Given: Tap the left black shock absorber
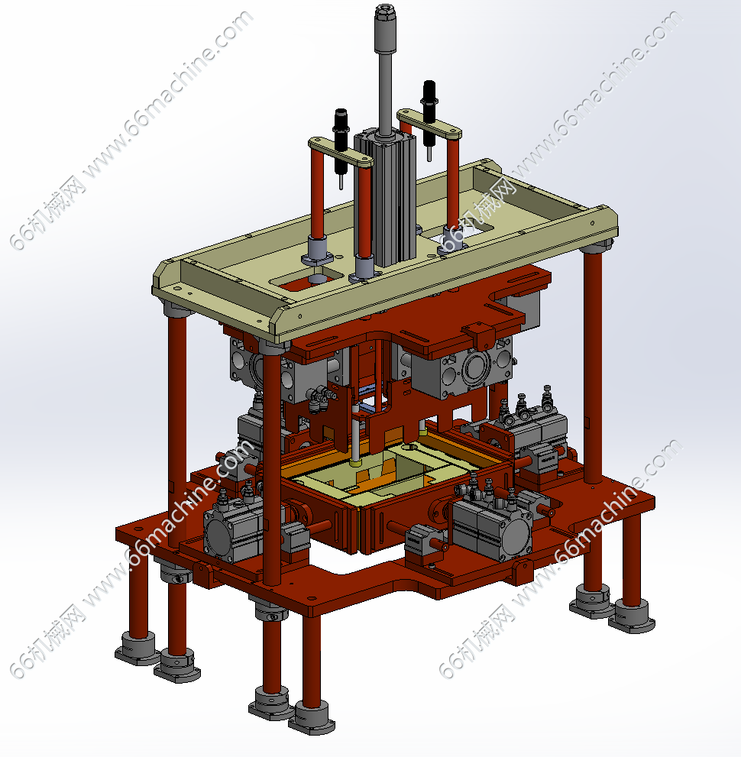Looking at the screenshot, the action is click(x=341, y=142).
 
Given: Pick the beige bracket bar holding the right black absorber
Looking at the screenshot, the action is click(x=429, y=125).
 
